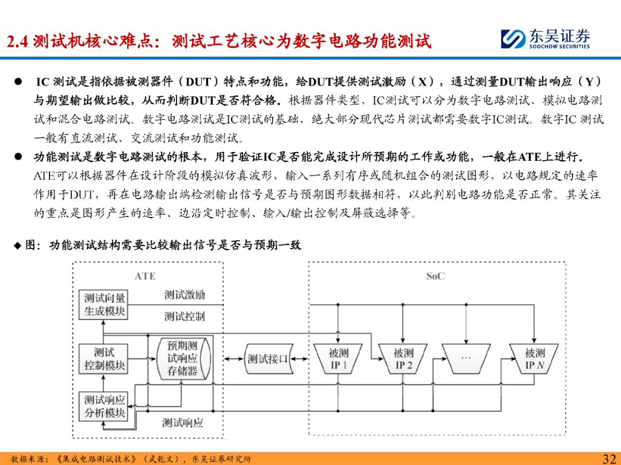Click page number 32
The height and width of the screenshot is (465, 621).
[609, 458]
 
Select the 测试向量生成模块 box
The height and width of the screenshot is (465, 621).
[103, 304]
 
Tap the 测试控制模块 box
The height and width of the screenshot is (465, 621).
[103, 359]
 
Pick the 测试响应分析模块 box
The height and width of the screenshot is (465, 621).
[103, 406]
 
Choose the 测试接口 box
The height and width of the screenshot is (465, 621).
[267, 359]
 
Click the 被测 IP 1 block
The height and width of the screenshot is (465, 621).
[338, 359]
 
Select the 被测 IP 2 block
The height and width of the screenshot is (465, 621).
[403, 359]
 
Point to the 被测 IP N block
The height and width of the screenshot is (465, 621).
[534, 359]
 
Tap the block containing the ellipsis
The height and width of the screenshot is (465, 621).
[466, 358]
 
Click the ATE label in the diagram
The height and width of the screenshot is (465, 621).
[145, 276]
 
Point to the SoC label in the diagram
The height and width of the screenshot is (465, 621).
[435, 276]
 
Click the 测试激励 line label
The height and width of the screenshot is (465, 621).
[184, 295]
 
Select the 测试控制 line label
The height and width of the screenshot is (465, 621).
[184, 316]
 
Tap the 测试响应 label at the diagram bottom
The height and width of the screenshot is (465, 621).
[183, 423]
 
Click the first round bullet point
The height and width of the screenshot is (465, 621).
[18, 82]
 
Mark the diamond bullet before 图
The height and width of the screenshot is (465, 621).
[17, 246]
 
